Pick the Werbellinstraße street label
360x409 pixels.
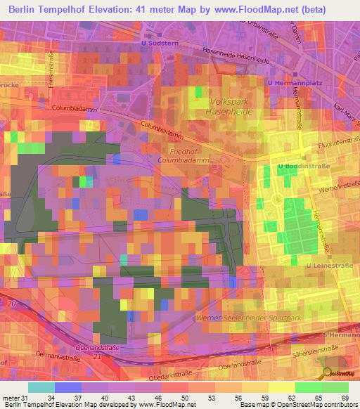point(336,188)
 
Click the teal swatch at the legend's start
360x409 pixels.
point(41,387)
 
